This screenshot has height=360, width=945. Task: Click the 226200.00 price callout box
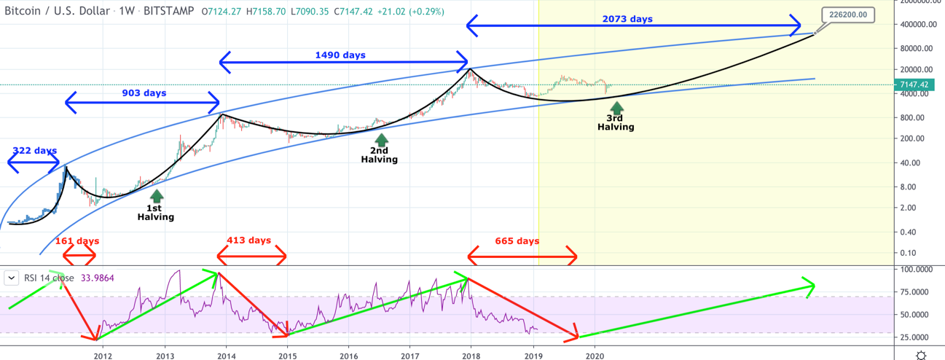coord(847,15)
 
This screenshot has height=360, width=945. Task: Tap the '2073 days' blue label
coord(627,19)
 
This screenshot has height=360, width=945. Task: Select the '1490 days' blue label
coord(340,55)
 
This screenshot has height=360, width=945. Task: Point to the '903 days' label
coord(144,93)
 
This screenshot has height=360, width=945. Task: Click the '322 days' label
coord(34,151)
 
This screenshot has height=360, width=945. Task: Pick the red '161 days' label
coord(77,241)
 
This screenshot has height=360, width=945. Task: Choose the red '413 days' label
coord(248,240)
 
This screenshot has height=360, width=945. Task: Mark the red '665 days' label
coord(517,241)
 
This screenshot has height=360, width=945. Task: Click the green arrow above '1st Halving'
coord(156,195)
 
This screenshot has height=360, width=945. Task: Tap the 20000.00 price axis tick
coord(917,69)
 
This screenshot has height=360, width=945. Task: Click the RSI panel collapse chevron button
coord(12,278)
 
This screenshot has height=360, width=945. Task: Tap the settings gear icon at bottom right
coord(921,354)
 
